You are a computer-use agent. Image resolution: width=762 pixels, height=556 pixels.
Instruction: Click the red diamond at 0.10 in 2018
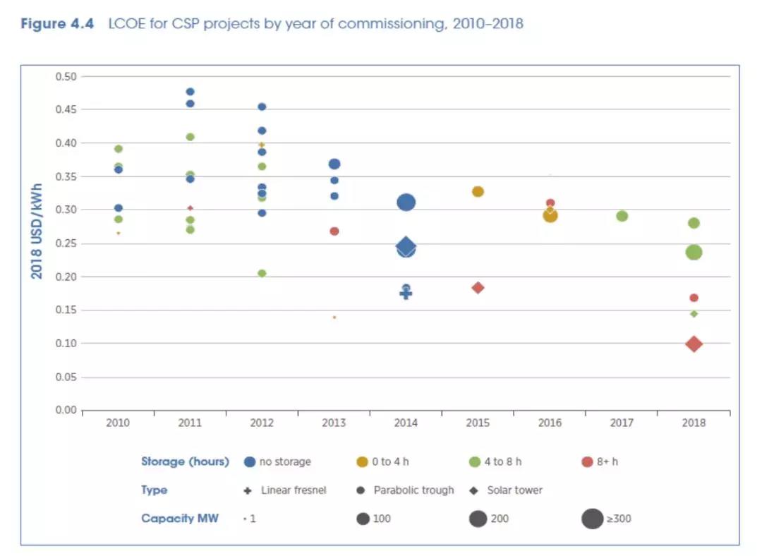click(x=694, y=344)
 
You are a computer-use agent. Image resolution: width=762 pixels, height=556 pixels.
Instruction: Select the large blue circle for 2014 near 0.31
click(x=406, y=203)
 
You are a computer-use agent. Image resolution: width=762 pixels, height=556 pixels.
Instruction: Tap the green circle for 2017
click(x=622, y=216)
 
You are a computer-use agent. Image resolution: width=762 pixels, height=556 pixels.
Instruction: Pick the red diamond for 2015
click(x=478, y=288)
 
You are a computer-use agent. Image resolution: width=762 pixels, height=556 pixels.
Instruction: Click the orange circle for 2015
click(x=478, y=192)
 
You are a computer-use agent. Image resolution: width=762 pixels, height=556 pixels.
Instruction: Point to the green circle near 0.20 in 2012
click(x=262, y=273)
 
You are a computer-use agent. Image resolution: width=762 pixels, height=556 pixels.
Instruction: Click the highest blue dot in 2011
click(x=190, y=92)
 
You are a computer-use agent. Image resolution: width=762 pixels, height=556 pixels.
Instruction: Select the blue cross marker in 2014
click(x=406, y=294)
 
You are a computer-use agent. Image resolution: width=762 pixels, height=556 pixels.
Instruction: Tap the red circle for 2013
click(x=334, y=231)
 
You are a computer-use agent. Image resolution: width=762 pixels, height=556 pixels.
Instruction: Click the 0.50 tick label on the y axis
click(x=66, y=76)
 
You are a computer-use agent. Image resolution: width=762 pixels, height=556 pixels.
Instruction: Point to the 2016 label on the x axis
click(x=550, y=423)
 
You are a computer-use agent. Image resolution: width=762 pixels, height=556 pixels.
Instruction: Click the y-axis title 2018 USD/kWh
click(x=37, y=231)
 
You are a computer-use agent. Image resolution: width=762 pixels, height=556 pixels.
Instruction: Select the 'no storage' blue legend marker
click(x=249, y=462)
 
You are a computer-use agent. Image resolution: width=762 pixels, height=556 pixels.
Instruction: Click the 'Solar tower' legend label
click(x=514, y=490)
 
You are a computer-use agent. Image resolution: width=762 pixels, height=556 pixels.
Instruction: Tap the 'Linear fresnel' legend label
click(x=294, y=490)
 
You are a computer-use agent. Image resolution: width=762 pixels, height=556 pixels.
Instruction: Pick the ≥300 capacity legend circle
click(x=592, y=519)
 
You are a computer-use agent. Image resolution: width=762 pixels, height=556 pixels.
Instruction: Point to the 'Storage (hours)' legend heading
click(x=185, y=461)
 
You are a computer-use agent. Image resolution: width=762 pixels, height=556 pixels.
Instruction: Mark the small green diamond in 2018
click(x=694, y=313)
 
